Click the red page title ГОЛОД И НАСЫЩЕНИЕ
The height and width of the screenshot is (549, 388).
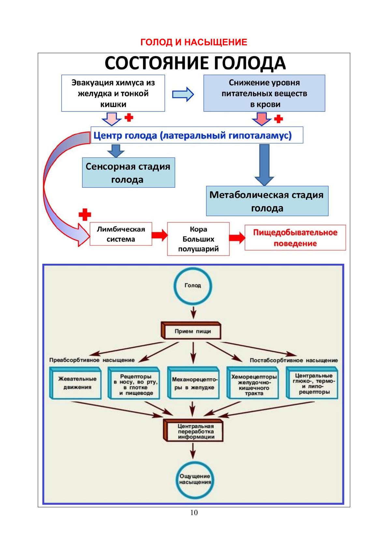pyautogui.click(x=194, y=42)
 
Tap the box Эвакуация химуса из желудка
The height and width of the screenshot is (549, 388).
pyautogui.click(x=113, y=93)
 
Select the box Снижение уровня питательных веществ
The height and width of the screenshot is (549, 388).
pyautogui.click(x=264, y=93)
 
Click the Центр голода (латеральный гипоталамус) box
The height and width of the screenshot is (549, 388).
pyautogui.click(x=196, y=135)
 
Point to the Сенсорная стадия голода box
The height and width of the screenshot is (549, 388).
pyautogui.click(x=128, y=173)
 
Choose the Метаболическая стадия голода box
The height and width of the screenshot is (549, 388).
pyautogui.click(x=267, y=201)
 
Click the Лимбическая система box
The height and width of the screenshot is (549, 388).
pyautogui.click(x=121, y=234)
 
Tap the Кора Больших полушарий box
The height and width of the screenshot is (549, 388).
pyautogui.click(x=198, y=239)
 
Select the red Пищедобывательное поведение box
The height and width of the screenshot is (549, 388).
pyautogui.click(x=295, y=238)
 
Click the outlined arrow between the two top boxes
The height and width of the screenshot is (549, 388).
pyautogui.click(x=183, y=94)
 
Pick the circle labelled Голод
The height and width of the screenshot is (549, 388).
pyautogui.click(x=193, y=286)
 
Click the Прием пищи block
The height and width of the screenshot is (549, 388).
pyautogui.click(x=193, y=331)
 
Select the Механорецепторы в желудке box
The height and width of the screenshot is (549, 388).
pyautogui.click(x=194, y=383)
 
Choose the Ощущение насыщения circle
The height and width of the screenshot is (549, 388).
pyautogui.click(x=195, y=479)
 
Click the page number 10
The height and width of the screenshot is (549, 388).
pyautogui.click(x=194, y=513)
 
